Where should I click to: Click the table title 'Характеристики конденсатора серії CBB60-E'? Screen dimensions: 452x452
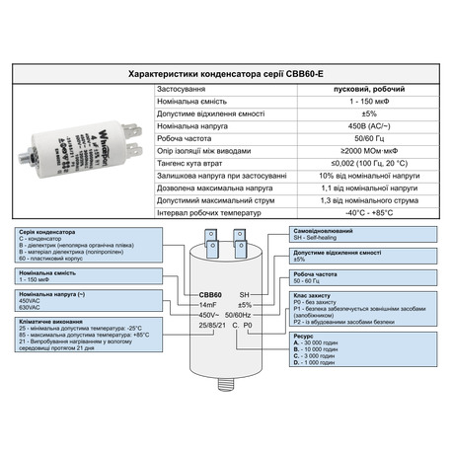(x=225, y=75)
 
